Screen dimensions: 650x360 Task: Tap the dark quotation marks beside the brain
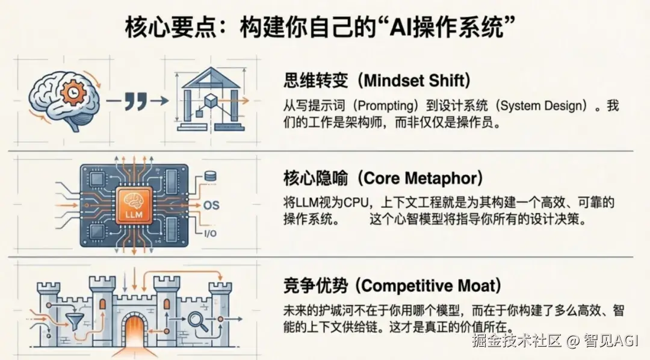136,101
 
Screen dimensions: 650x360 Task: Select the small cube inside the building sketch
211,101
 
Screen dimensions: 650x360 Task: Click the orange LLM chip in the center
134,206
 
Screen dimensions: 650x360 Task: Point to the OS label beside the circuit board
211,205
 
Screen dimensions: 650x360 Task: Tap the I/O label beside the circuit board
210,234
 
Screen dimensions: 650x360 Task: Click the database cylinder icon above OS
210,176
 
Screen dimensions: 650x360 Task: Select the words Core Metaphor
420,178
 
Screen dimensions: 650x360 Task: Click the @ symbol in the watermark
573,341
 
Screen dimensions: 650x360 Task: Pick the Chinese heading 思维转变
316,81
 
